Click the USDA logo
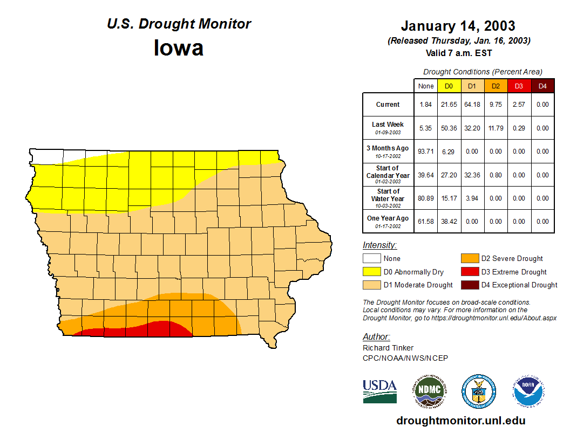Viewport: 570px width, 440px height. tap(379, 391)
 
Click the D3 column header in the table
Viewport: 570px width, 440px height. tap(519, 86)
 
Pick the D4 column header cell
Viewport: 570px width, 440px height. tap(542, 86)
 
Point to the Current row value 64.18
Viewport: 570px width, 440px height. tap(472, 105)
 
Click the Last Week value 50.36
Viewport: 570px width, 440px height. tap(449, 128)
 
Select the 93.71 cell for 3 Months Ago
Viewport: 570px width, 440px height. tap(426, 152)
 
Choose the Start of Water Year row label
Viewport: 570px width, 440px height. tap(388, 195)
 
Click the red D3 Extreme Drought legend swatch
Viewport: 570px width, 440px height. tap(469, 272)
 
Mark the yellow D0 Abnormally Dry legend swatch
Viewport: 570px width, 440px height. tap(371, 272)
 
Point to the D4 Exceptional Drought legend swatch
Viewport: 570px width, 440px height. tap(469, 285)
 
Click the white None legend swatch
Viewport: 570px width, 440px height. tap(371, 259)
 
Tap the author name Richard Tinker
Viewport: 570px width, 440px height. tap(388, 348)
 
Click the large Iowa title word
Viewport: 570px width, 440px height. tap(179, 48)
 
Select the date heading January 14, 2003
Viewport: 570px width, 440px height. tap(458, 26)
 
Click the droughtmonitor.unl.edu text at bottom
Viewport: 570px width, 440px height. tap(460, 421)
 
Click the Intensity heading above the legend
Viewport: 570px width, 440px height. tap(379, 245)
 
